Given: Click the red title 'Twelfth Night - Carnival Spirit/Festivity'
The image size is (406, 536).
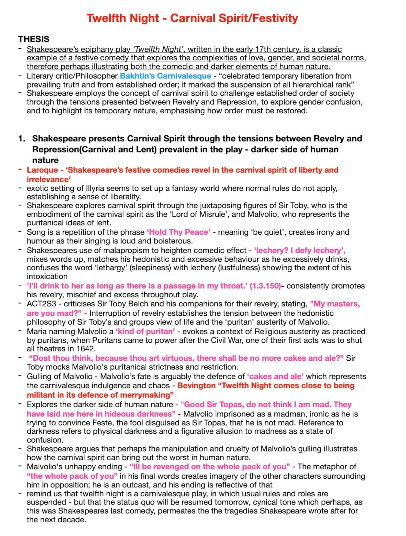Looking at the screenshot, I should tap(192, 18).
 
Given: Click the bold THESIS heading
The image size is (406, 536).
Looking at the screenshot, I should tap(33, 39).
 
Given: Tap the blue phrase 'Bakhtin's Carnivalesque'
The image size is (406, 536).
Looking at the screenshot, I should tap(165, 76).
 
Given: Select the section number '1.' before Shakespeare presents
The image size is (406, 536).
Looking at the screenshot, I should tap(21, 138).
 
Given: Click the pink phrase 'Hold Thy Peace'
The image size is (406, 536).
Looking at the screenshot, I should tap(178, 232).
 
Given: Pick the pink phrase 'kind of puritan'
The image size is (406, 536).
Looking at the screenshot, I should tap(145, 331).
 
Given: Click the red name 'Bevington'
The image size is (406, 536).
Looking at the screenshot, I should tap(196, 385).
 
